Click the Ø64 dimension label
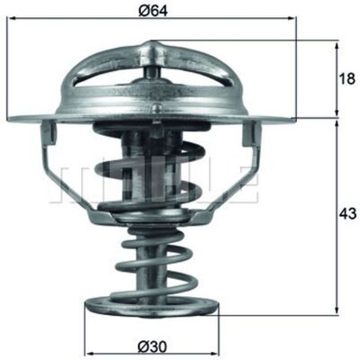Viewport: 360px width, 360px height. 153,11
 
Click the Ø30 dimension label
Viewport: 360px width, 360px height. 152,347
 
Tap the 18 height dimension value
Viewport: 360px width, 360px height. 346,79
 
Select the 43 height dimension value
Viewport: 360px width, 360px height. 347,214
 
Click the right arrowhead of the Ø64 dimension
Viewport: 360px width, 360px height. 292,19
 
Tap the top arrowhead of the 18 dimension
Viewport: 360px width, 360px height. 337,47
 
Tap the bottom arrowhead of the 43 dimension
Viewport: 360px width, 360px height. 337,310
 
